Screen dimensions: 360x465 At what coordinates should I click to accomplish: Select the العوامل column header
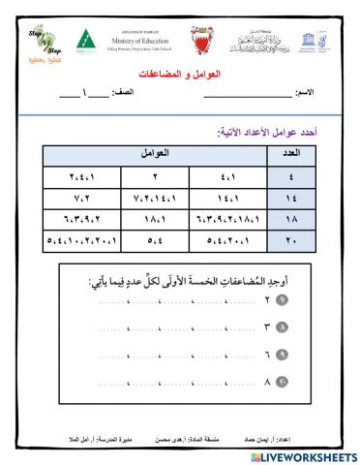click(155, 153)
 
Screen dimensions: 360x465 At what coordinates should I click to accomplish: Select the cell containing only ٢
click(155, 177)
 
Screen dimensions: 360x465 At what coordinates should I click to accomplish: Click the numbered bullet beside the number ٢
click(284, 300)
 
